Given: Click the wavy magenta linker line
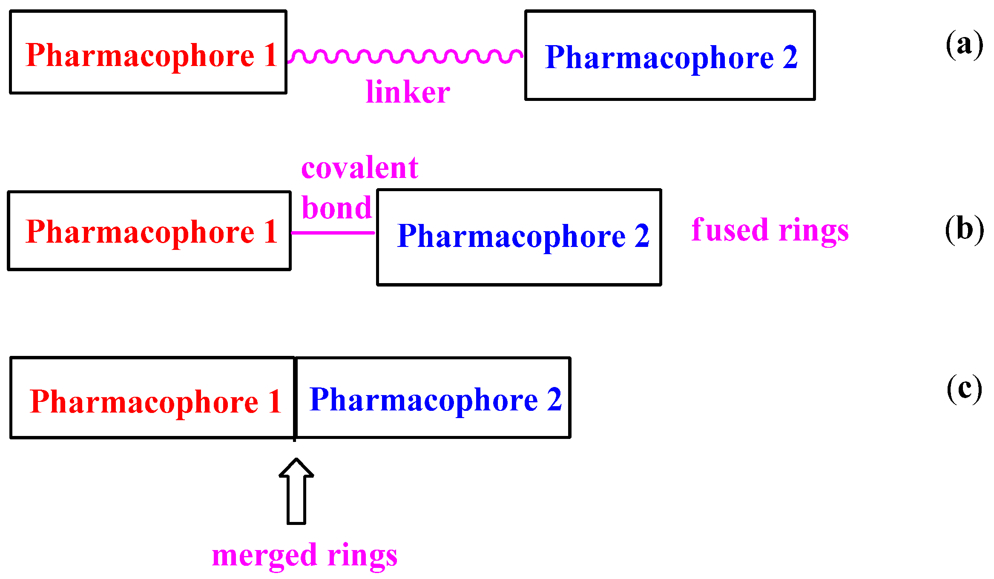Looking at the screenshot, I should point(405,56).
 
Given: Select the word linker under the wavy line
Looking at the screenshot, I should point(408,92).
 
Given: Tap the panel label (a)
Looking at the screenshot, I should point(964,44).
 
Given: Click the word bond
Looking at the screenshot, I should point(336,208).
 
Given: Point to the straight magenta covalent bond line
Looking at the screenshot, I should point(333,233).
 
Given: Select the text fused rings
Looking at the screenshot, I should point(770,230).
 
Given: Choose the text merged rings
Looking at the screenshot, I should point(305,555).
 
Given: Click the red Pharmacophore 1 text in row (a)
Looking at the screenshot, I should point(151,55).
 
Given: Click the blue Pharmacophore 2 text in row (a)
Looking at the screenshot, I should point(671,57).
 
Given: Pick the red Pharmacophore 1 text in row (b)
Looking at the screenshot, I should point(151,232).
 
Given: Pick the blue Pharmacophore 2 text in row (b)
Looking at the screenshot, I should point(523,236).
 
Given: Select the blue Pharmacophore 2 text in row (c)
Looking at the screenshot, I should point(435,400).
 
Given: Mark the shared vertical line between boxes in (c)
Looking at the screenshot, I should point(295,398).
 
